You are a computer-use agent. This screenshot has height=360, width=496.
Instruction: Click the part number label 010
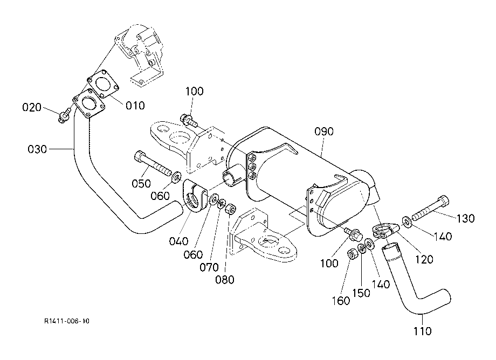135,105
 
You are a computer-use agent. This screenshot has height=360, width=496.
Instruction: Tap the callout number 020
32,107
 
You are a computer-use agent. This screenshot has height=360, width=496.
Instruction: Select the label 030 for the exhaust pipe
37,149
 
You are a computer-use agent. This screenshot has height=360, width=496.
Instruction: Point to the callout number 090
323,131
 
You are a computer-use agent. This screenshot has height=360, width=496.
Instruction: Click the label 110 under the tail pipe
422,331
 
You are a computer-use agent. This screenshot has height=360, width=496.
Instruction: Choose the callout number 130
466,218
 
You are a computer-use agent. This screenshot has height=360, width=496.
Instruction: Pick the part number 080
225,279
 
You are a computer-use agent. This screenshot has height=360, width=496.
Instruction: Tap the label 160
341,301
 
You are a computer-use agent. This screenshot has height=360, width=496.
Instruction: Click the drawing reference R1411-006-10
67,321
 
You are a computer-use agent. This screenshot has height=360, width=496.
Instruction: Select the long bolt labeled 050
153,163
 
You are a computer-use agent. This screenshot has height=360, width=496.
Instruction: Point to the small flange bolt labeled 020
65,115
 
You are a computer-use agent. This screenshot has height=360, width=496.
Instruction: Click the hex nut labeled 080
230,209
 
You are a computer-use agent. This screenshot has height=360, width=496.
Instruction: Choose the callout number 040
178,241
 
